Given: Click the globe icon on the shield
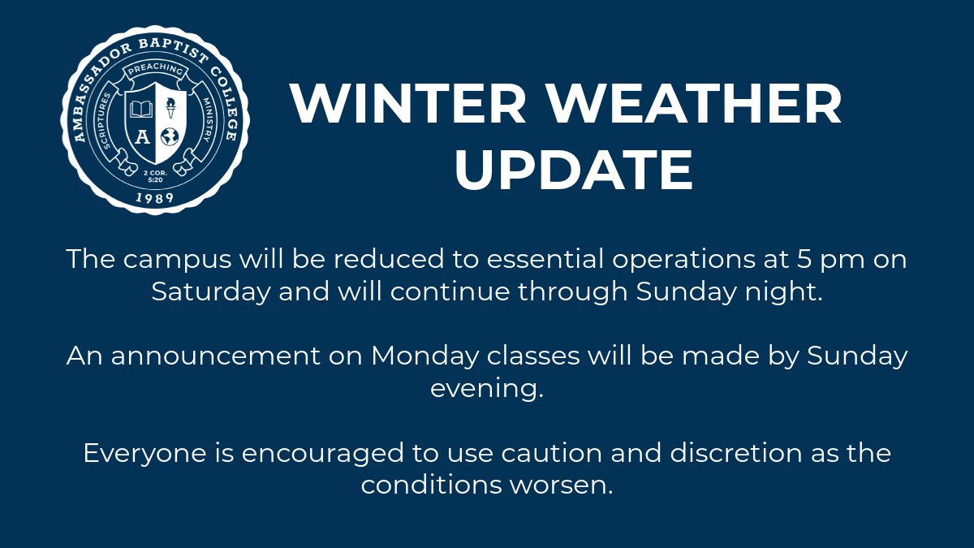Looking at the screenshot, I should pos(170,135).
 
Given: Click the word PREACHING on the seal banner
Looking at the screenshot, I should pos(154,71).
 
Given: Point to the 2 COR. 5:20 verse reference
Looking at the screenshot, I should pos(154,176).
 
